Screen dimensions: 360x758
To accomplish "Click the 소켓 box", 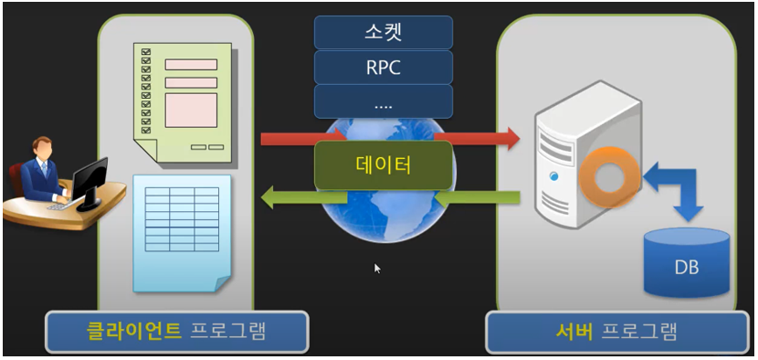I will click(x=384, y=33).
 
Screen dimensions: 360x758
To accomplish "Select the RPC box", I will click(x=384, y=67).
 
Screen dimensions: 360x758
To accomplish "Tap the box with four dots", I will click(x=384, y=101).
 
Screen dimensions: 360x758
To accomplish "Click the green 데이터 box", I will click(x=384, y=165).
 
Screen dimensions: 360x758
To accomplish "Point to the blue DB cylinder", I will click(x=687, y=264).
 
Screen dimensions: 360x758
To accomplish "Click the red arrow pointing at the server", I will click(x=489, y=139).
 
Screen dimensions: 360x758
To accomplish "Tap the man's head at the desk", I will click(x=44, y=147).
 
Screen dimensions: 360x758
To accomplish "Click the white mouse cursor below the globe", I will click(x=377, y=269).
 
